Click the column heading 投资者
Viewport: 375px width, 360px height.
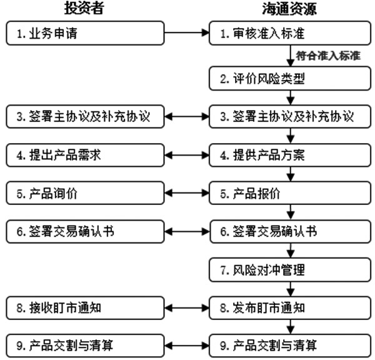(84, 8)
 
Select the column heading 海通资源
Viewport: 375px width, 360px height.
(289, 9)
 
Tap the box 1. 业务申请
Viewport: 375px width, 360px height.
(85, 33)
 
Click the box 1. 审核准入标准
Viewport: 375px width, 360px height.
(290, 33)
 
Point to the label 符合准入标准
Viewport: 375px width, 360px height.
(328, 56)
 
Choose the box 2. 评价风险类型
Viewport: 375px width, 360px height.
(290, 79)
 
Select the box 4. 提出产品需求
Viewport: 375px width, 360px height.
(85, 155)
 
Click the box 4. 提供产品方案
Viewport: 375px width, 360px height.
(290, 155)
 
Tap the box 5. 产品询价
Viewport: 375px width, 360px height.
(85, 193)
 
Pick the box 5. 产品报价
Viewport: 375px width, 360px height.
(290, 193)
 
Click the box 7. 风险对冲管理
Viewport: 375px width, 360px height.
(290, 270)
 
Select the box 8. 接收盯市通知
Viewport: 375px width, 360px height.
(85, 308)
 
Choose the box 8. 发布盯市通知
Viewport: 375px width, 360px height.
(290, 308)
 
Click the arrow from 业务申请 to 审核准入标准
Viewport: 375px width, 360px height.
(187, 32)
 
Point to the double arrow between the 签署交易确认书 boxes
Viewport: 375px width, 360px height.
(187, 231)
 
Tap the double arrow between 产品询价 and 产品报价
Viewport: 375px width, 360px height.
(187, 193)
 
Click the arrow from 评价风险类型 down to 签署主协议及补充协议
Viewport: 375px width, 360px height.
(291, 97)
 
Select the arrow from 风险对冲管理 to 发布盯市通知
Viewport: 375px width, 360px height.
(291, 289)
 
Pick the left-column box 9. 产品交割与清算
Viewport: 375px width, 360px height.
(85, 346)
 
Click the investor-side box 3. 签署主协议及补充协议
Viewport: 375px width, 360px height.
(85, 116)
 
